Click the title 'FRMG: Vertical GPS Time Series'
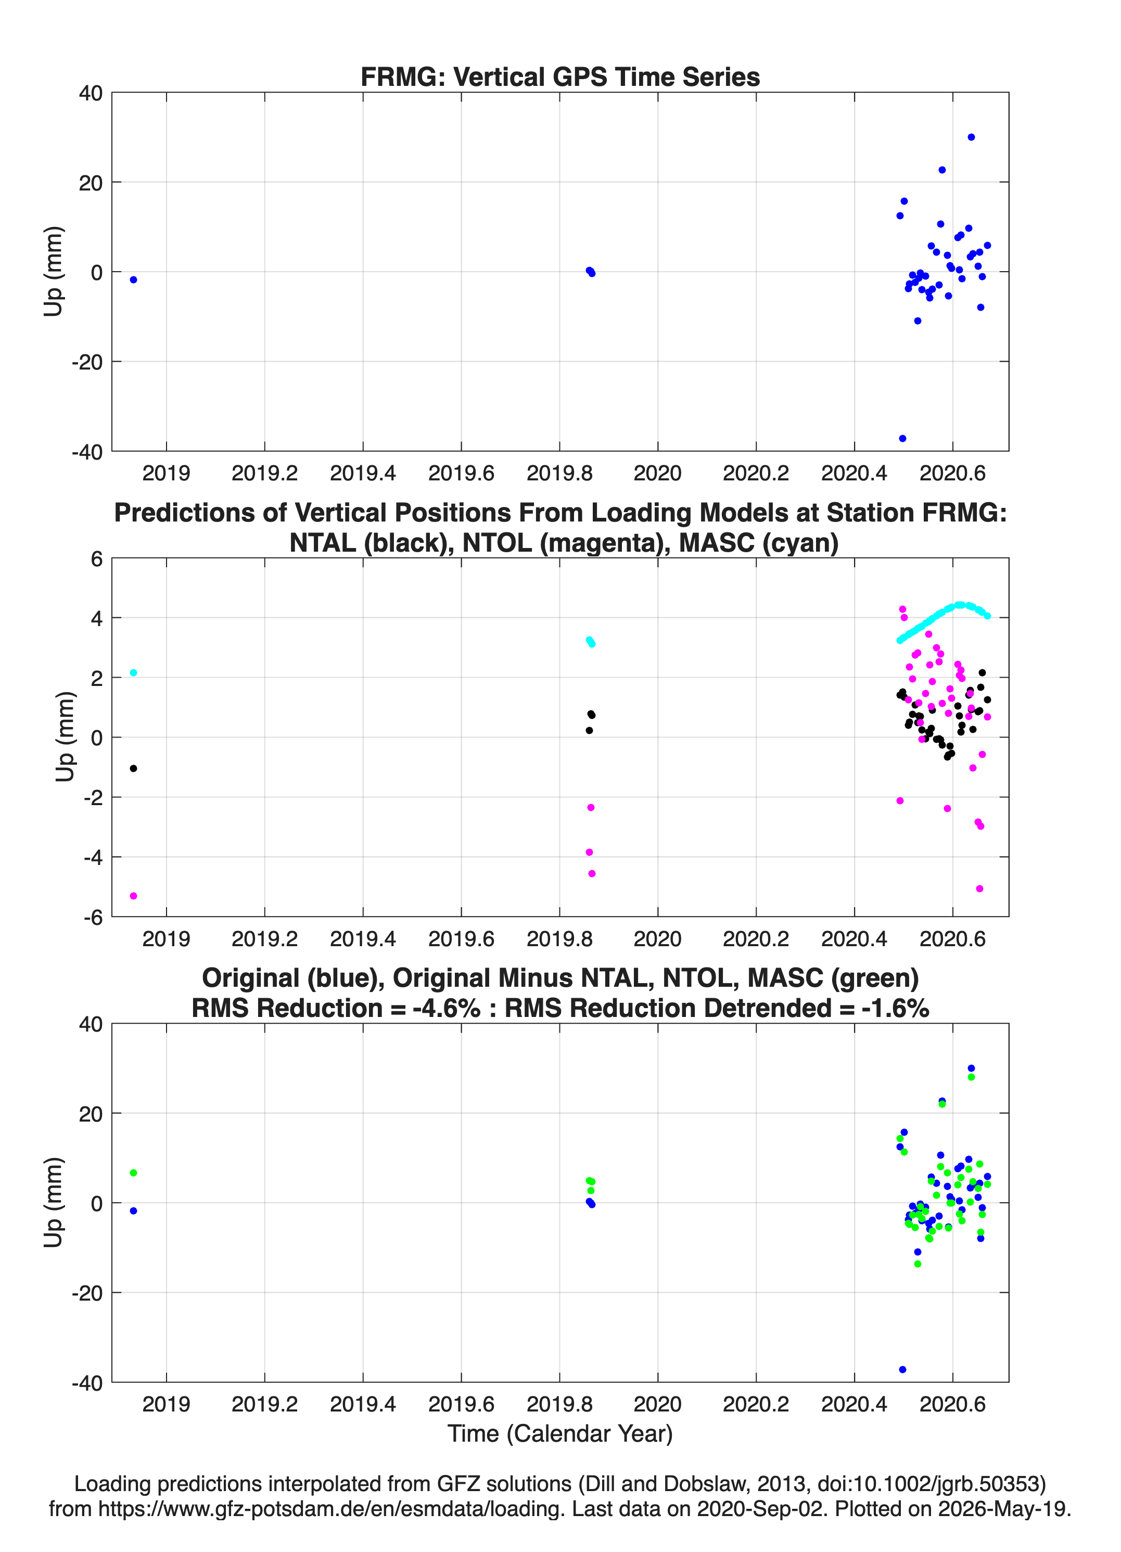point(560,77)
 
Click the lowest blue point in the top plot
point(902,438)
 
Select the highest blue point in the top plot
point(971,137)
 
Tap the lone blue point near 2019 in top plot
point(133,279)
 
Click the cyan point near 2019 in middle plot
point(133,672)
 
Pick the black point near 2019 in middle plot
point(133,768)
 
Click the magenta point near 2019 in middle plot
point(133,895)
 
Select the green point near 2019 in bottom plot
point(133,1172)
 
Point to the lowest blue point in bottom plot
point(902,1369)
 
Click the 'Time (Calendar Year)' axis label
point(560,1432)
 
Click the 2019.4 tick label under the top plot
point(363,473)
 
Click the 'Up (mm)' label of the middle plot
point(65,736)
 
